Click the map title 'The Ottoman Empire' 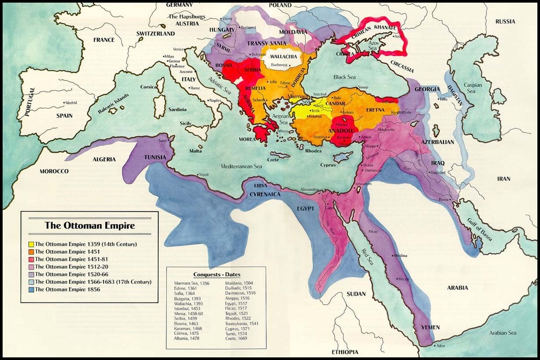click(90, 225)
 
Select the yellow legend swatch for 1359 click(31, 244)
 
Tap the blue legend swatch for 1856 click(31, 289)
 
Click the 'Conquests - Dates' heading click(216, 274)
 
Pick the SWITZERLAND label click(156, 33)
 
